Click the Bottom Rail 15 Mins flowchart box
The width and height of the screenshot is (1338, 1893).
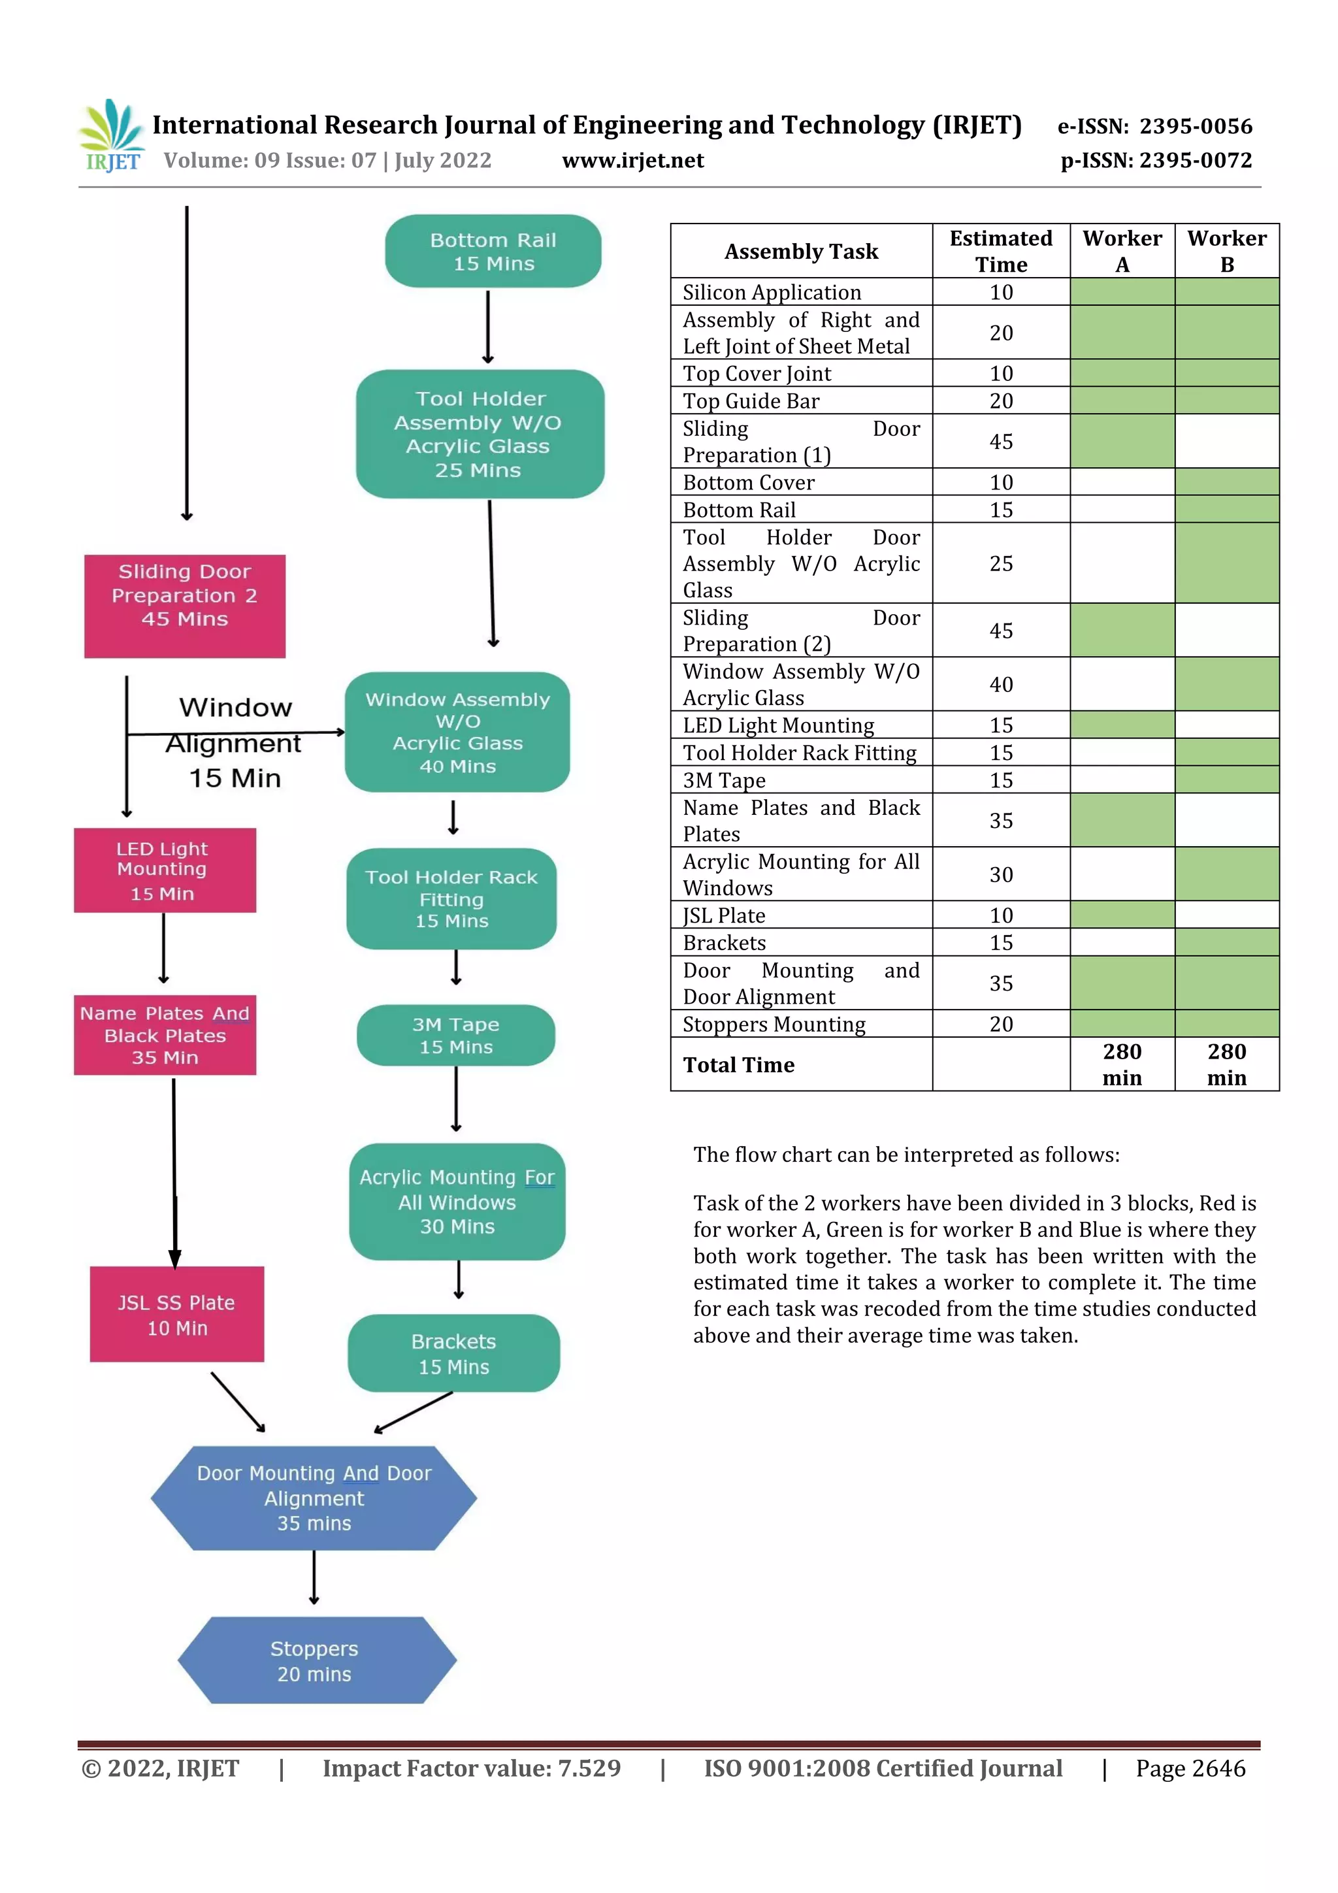click(493, 252)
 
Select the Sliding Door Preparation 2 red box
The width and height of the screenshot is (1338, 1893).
click(185, 605)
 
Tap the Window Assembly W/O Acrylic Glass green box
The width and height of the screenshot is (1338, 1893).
click(457, 732)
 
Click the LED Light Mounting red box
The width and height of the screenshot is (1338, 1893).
click(165, 870)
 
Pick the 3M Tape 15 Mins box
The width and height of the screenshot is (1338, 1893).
click(456, 1035)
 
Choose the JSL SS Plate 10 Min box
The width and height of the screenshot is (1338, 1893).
click(177, 1313)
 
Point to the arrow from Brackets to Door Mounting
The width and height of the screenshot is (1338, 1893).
click(413, 1411)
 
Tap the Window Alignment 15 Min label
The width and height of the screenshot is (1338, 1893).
click(235, 742)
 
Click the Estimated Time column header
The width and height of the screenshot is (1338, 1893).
click(1001, 251)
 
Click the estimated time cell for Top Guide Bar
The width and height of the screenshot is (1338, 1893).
click(1001, 401)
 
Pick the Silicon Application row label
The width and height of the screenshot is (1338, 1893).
click(772, 292)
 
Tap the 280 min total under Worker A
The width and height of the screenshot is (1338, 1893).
click(1122, 1064)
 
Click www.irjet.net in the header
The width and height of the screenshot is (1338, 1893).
click(632, 160)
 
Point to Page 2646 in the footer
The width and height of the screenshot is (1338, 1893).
click(1190, 1768)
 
